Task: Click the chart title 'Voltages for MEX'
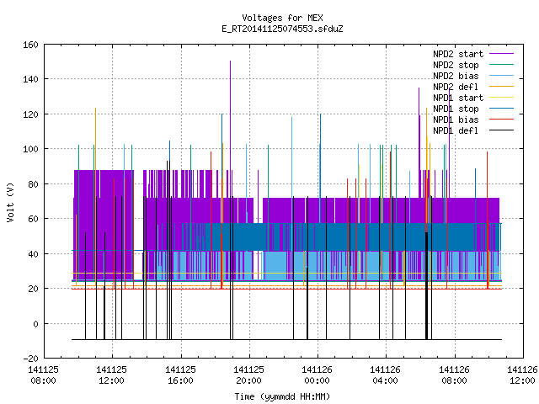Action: click(x=282, y=18)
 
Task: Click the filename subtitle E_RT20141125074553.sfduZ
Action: click(x=282, y=29)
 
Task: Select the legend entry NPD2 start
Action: click(x=473, y=54)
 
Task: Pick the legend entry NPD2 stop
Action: click(x=473, y=65)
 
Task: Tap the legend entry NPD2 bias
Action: click(x=473, y=76)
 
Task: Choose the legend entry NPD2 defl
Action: click(x=473, y=87)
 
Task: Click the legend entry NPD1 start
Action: click(x=473, y=98)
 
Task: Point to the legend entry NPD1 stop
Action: click(x=473, y=109)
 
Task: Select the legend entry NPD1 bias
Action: click(x=473, y=120)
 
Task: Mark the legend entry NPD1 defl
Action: click(x=473, y=131)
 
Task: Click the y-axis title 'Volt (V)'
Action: click(x=10, y=202)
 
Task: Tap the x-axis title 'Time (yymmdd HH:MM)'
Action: click(x=282, y=396)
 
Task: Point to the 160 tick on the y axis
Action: click(x=30, y=45)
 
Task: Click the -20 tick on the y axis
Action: click(x=30, y=359)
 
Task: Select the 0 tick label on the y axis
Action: click(x=35, y=323)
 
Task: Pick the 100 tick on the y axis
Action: click(x=30, y=149)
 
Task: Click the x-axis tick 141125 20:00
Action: click(x=248, y=375)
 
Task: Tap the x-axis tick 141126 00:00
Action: click(x=317, y=375)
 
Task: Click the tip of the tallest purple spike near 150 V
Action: click(x=230, y=61)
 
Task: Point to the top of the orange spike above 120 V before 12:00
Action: click(x=95, y=109)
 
